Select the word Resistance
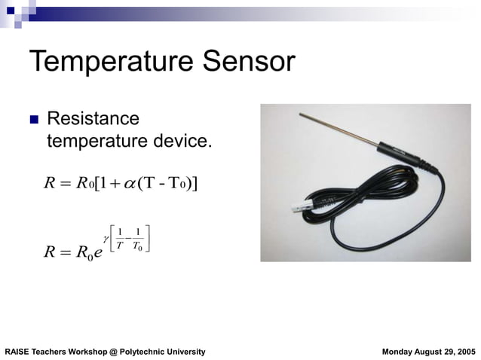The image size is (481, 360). point(93,119)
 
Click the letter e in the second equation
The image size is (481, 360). point(96,251)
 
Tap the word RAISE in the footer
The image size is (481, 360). point(17,352)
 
